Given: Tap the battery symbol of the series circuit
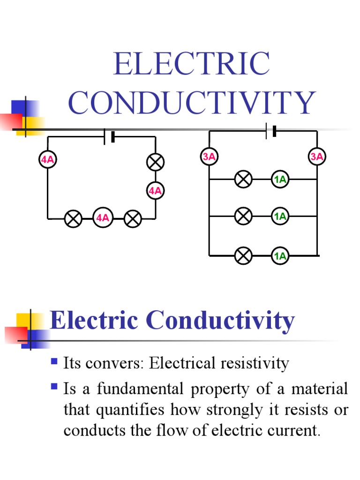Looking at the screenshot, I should pos(109,137).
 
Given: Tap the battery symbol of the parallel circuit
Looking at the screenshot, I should pos(271,131).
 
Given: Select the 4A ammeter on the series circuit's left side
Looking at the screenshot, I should pos(47,159).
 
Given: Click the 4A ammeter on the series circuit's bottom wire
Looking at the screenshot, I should pos(103,218).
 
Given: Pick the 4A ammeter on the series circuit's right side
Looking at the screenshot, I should pos(155,190).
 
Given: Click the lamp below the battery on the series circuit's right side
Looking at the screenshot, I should pos(155,162).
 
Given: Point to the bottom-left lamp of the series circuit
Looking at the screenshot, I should pos(74,218).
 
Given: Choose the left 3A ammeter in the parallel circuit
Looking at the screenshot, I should pos(209,157).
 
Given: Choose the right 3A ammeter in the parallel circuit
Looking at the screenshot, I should pos(317,157).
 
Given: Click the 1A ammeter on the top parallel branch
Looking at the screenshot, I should pos(280,179).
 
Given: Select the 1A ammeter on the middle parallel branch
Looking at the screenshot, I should pos(280,216).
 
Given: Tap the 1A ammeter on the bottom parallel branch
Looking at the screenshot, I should pos(280,256).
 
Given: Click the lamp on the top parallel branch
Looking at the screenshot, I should pos(243,179).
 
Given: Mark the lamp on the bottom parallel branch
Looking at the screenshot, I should pos(243,256).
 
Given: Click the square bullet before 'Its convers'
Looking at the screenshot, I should pos(54,361).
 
